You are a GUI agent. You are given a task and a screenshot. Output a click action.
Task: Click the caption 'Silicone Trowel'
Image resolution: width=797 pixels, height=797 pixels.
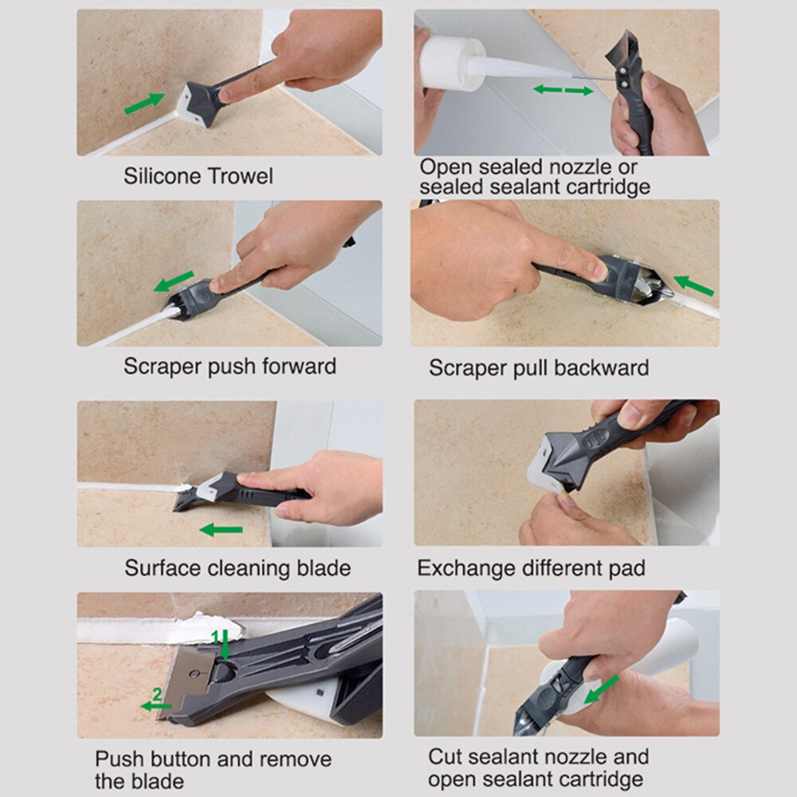198,175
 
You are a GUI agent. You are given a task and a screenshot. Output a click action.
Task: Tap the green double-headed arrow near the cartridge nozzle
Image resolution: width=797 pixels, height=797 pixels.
563,90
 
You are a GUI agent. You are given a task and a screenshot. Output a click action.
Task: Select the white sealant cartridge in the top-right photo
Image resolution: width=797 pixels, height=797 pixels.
450,65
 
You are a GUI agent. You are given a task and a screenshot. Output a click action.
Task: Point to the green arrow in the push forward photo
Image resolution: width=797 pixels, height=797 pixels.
175,281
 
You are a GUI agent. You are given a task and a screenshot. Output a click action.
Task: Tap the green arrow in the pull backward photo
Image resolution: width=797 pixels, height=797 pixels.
693,285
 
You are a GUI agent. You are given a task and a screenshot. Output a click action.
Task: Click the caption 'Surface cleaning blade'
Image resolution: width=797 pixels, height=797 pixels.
237,568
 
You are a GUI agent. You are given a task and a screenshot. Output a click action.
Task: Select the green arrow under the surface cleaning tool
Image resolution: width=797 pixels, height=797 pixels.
221,529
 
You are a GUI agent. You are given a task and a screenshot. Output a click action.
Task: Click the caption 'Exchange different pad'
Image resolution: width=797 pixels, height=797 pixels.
531,568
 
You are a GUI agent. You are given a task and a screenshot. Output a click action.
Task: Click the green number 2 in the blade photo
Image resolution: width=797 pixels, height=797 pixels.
157,694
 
